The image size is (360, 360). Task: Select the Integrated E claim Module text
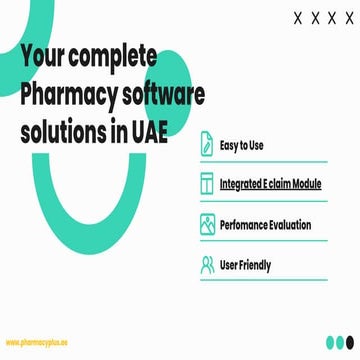279,185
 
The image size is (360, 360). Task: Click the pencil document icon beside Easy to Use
208,145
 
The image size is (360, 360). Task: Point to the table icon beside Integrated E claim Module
208,185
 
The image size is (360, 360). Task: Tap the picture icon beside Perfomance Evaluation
208,225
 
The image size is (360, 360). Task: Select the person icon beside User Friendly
208,265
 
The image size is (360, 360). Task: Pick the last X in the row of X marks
347,18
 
